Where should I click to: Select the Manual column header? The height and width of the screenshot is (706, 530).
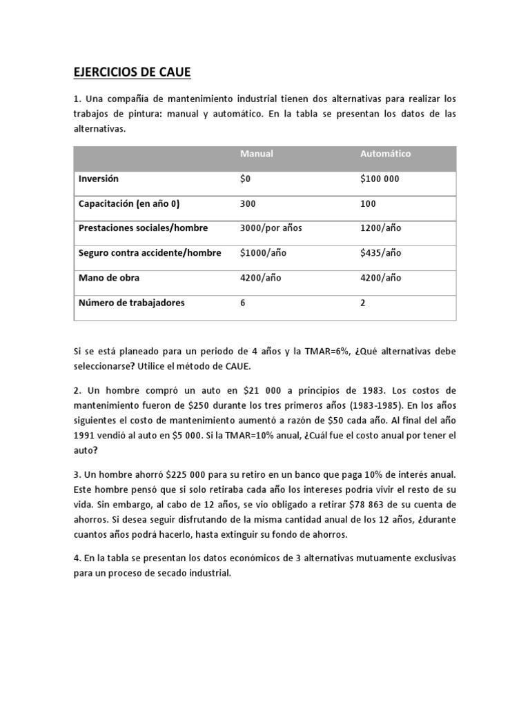pyautogui.click(x=256, y=154)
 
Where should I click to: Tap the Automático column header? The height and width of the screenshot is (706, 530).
pyautogui.click(x=385, y=154)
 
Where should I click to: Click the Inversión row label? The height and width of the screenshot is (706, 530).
pyautogui.click(x=99, y=179)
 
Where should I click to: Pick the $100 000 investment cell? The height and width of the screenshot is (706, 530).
pyautogui.click(x=380, y=179)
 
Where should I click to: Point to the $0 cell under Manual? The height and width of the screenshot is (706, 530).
pyautogui.click(x=245, y=179)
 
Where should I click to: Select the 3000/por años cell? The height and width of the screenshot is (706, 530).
pyautogui.click(x=271, y=228)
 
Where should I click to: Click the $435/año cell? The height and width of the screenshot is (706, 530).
pyautogui.click(x=381, y=253)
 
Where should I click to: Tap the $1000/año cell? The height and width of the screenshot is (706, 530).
pyautogui.click(x=263, y=253)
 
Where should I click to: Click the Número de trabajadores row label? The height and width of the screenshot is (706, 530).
pyautogui.click(x=131, y=303)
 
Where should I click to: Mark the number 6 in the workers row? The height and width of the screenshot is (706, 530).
pyautogui.click(x=243, y=303)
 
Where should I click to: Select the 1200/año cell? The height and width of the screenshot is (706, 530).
pyautogui.click(x=380, y=228)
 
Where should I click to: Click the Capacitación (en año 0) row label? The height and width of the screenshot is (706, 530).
pyautogui.click(x=129, y=203)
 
